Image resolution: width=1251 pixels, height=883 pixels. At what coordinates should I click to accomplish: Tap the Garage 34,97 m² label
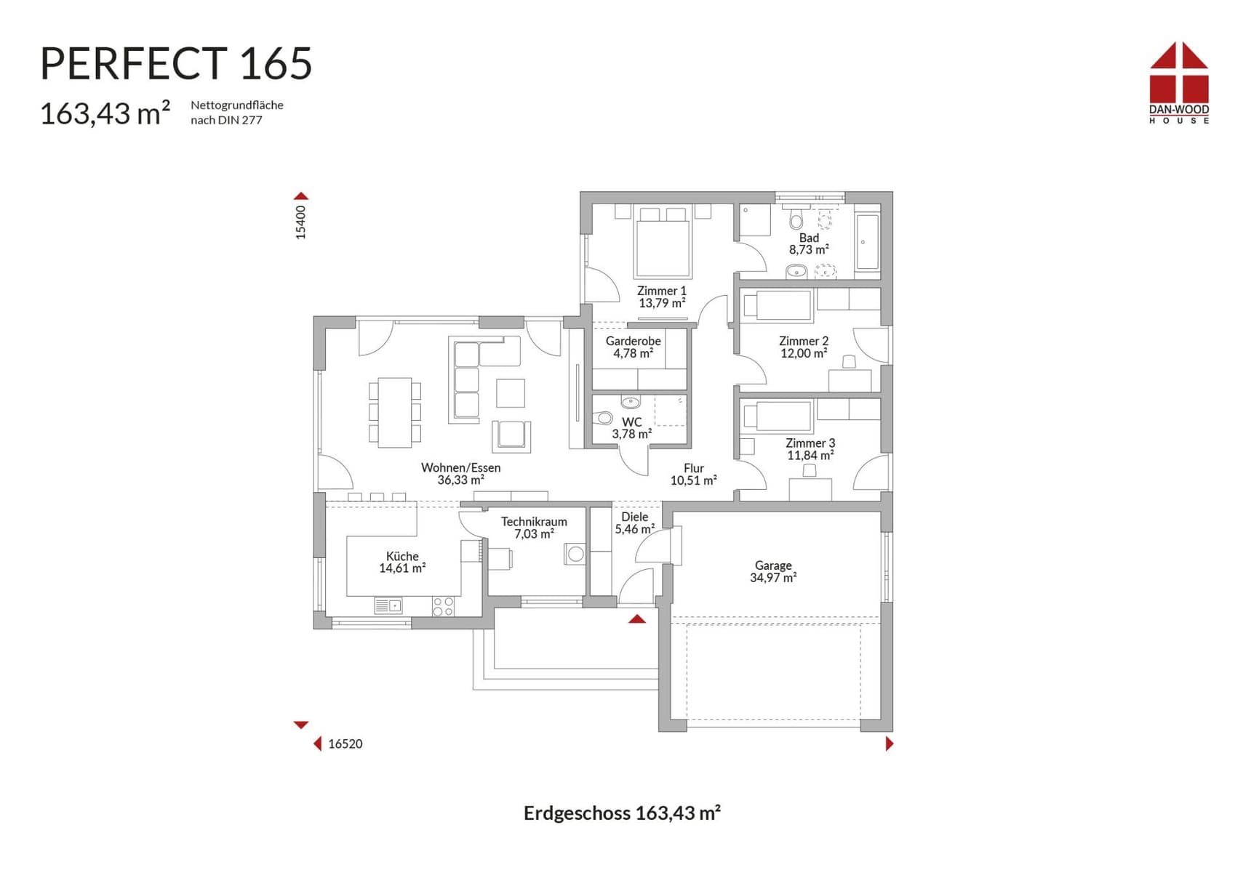pyautogui.click(x=773, y=571)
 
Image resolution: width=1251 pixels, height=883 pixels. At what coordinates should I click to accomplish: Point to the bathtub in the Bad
pyautogui.click(x=867, y=241)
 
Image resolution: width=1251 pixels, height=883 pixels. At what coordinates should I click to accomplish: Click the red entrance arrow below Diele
pyautogui.click(x=637, y=619)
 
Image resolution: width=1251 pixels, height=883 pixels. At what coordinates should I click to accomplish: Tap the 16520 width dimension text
pyautogui.click(x=345, y=743)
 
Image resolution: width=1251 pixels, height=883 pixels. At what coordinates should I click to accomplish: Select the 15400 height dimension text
pyautogui.click(x=300, y=222)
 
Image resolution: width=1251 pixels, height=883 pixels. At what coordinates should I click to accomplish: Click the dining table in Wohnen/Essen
pyautogui.click(x=394, y=412)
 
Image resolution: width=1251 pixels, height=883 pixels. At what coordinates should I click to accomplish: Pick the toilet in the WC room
pyautogui.click(x=603, y=418)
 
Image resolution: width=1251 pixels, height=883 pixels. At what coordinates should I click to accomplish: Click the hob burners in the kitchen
pyautogui.click(x=443, y=606)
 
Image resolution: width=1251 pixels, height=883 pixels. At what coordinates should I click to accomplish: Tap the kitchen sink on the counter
pyautogui.click(x=388, y=605)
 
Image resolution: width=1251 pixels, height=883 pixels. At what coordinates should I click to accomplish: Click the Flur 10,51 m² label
pyautogui.click(x=693, y=474)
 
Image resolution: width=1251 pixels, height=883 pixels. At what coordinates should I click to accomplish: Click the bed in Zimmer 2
pyautogui.click(x=777, y=305)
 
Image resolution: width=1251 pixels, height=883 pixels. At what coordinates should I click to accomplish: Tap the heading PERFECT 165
pyautogui.click(x=176, y=63)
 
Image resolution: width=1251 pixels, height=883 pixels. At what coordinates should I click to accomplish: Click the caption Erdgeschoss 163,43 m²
pyautogui.click(x=622, y=813)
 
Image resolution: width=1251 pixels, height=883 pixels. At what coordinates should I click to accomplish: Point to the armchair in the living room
pyautogui.click(x=511, y=435)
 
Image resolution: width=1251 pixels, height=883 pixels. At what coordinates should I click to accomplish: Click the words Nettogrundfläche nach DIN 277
pyautogui.click(x=236, y=112)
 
